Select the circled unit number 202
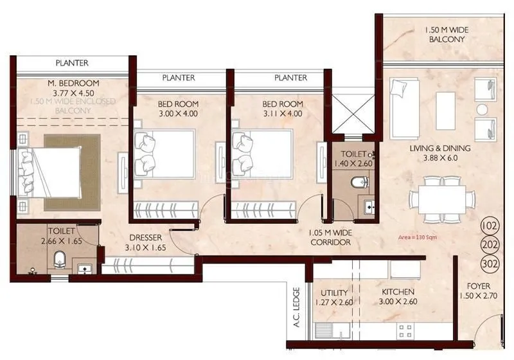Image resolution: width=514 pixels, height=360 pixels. click(490, 245)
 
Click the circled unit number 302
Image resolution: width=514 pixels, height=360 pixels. click(490, 264)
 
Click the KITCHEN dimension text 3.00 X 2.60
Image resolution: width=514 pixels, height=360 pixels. click(396, 301)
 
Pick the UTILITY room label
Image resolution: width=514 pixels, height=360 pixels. click(334, 292)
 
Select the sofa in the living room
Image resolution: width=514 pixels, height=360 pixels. click(404, 107)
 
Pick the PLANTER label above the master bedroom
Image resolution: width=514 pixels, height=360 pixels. click(72, 63)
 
